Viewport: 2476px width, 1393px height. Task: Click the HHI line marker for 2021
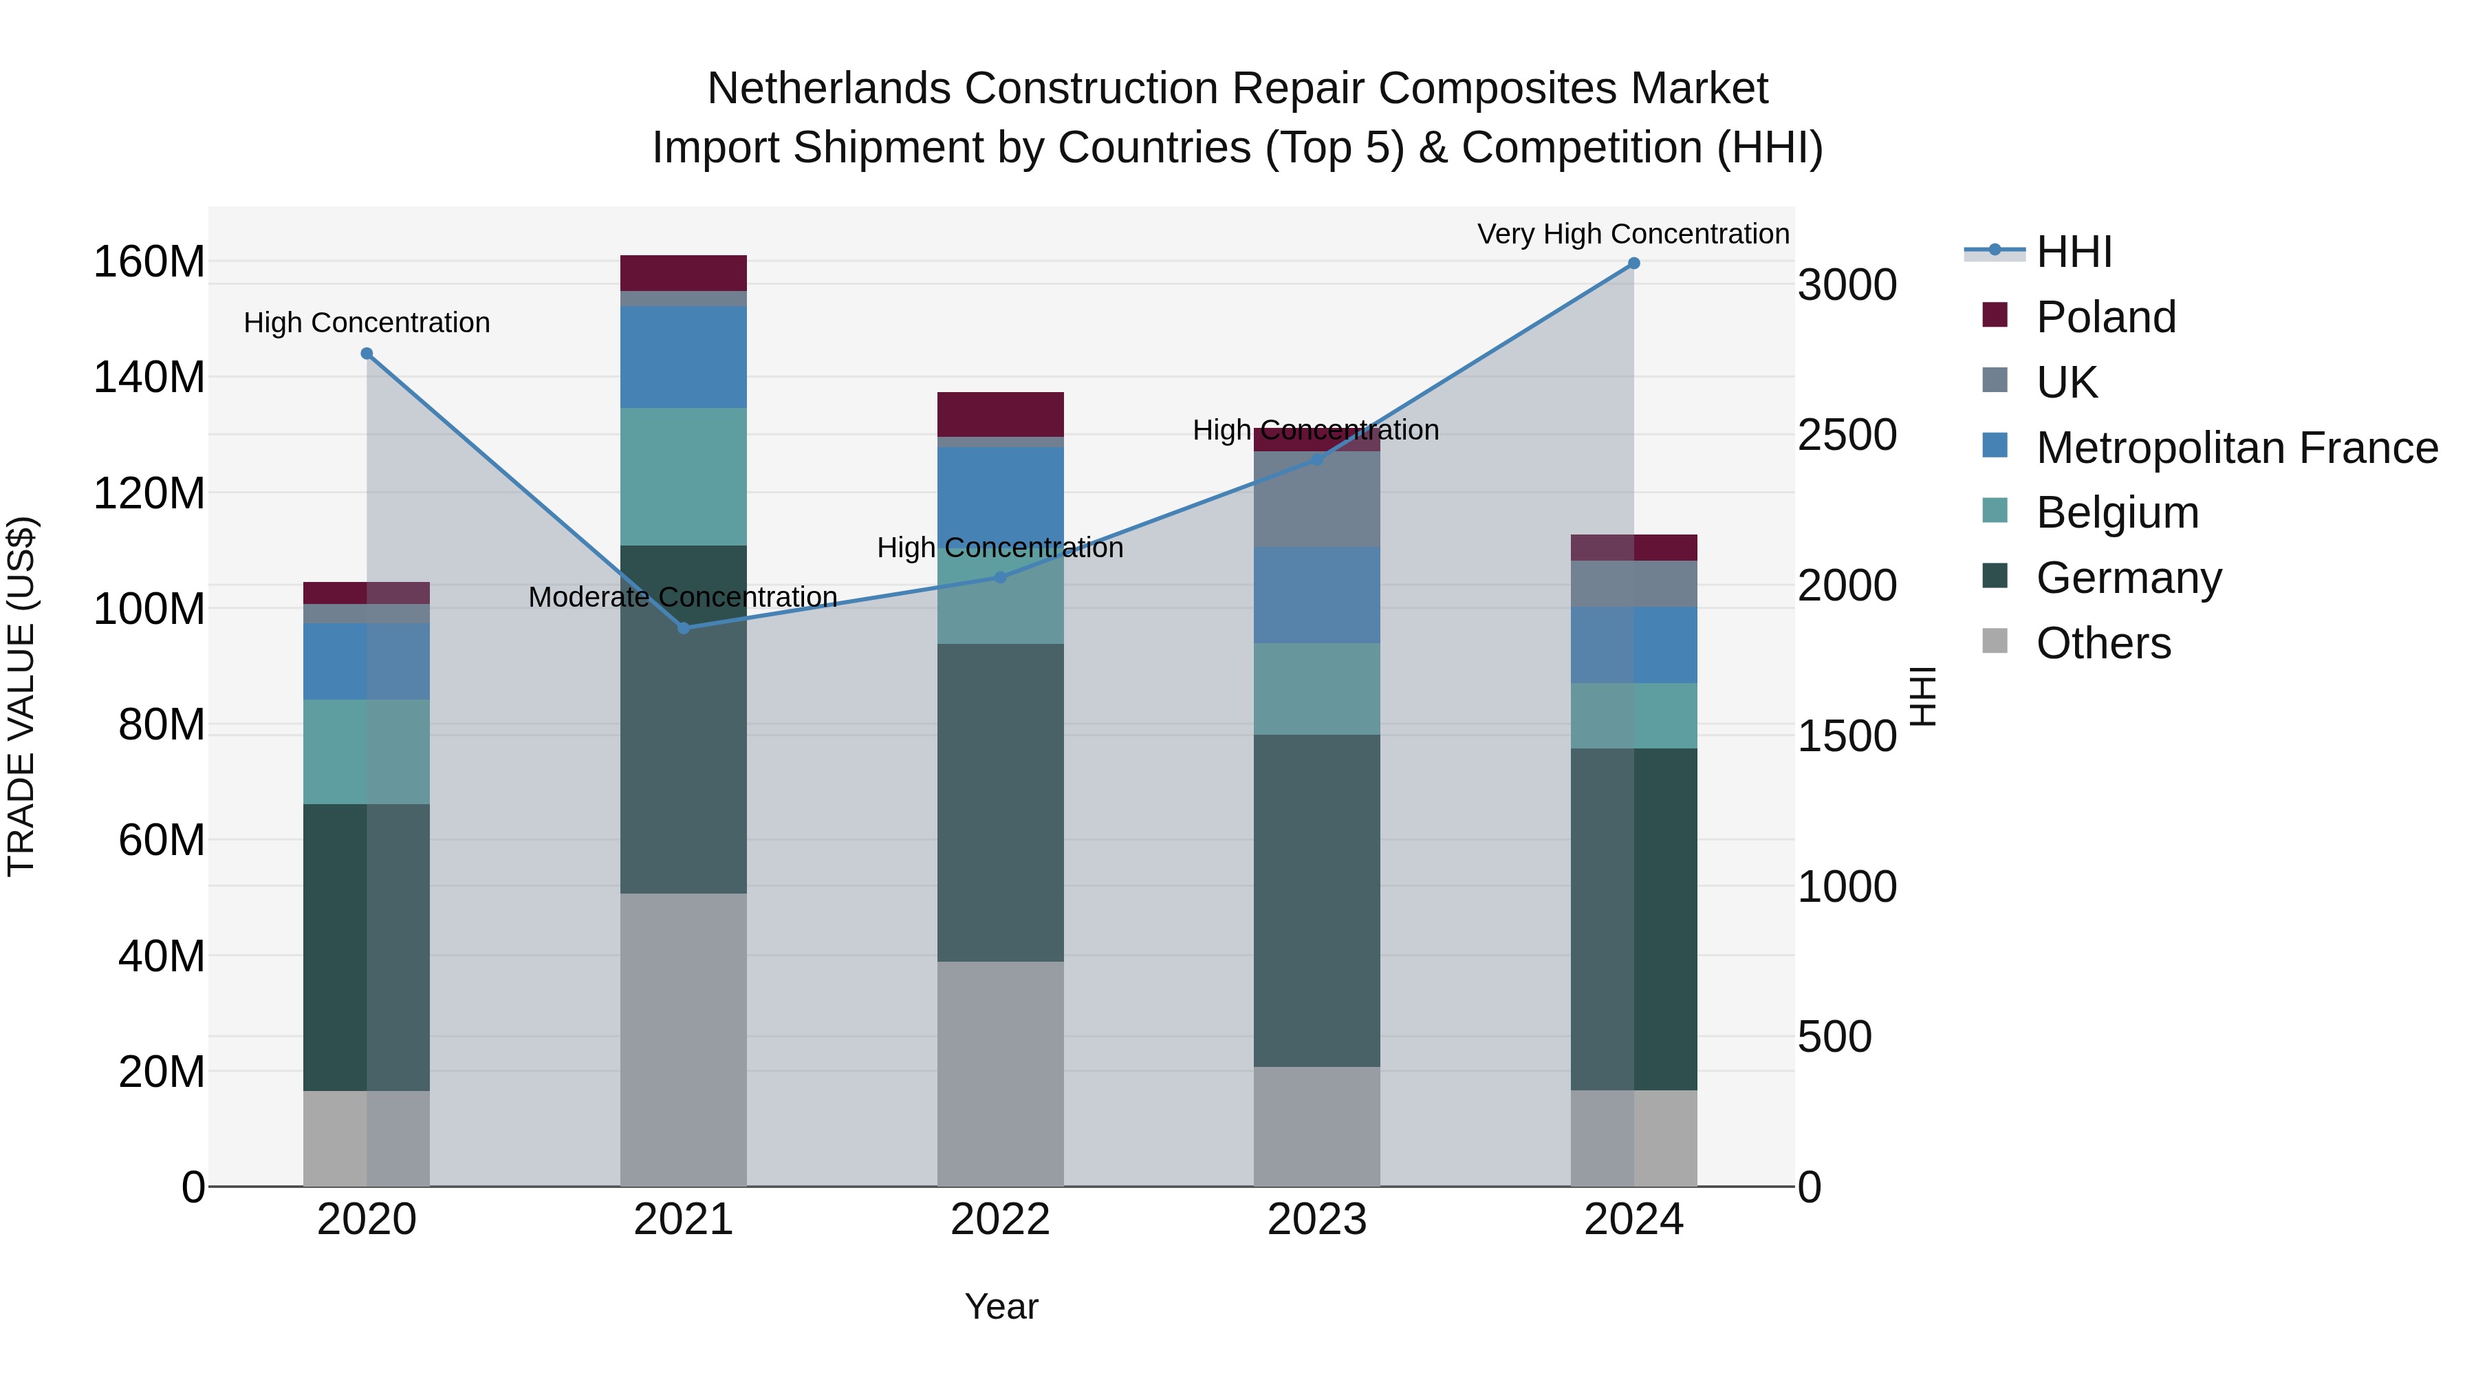(x=684, y=628)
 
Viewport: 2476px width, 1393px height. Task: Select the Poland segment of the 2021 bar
(x=684, y=273)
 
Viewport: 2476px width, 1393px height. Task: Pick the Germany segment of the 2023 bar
(x=1317, y=900)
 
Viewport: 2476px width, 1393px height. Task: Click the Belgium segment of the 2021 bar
(x=684, y=476)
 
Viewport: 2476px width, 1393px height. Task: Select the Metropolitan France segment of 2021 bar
(x=684, y=356)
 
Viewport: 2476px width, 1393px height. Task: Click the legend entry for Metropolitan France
(x=2236, y=448)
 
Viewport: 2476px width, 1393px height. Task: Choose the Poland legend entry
(x=2105, y=317)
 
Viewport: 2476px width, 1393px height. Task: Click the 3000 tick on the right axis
(x=1847, y=285)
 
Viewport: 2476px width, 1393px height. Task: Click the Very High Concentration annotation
(x=1632, y=234)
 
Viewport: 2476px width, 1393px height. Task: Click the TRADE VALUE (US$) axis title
(x=22, y=696)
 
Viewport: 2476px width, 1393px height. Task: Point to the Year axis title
(x=1001, y=1306)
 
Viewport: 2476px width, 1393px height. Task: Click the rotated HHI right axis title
(x=1922, y=696)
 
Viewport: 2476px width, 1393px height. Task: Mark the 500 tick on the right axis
(x=1834, y=1037)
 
